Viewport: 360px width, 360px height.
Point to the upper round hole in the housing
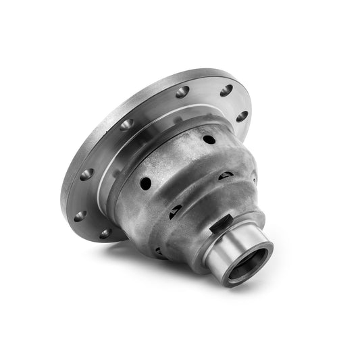point(209,139)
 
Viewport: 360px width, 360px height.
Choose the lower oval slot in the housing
point(175,211)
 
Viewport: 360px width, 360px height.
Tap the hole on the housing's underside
point(160,251)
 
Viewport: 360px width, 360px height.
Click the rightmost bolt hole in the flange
point(240,116)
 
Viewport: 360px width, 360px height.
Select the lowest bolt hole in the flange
point(105,234)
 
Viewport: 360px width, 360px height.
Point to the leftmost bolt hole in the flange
point(80,217)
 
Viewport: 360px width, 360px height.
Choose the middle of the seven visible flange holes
point(126,125)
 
